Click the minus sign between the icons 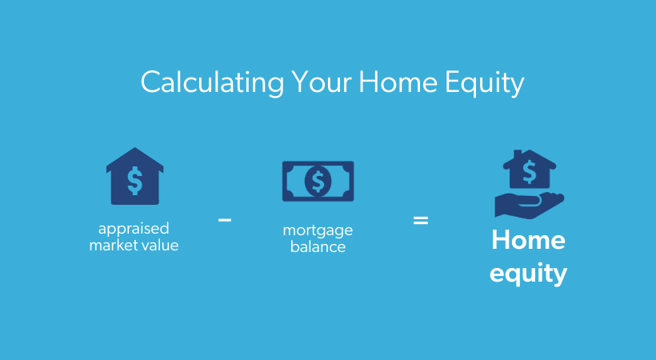click(x=225, y=218)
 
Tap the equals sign click(x=421, y=218)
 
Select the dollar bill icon click(x=318, y=181)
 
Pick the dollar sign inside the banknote click(x=318, y=181)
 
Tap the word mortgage click(x=318, y=231)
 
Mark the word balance click(x=318, y=246)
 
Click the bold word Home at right click(x=528, y=240)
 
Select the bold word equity click(x=528, y=274)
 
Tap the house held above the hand click(x=529, y=170)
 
